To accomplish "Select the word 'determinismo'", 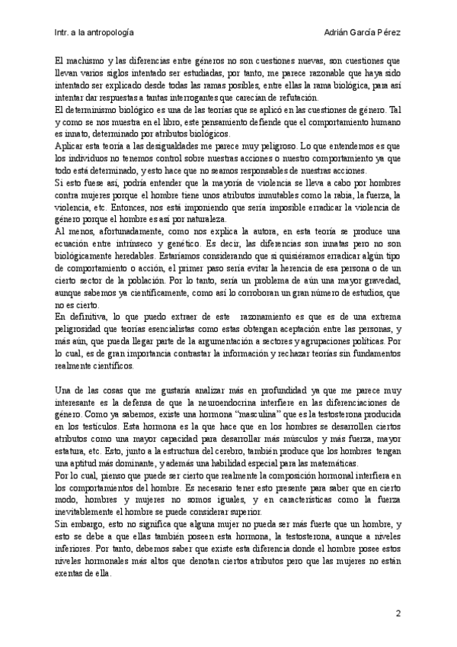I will (x=88, y=108).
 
